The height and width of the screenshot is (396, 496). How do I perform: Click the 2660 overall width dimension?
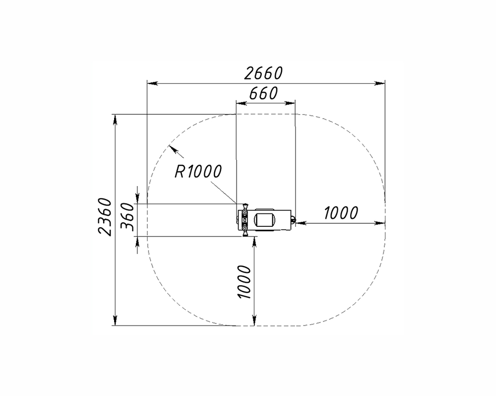coord(263,73)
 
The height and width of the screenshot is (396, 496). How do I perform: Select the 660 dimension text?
coord(263,93)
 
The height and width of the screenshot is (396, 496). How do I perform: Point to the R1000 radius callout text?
coord(198,172)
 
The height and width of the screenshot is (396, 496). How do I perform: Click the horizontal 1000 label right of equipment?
coord(341,213)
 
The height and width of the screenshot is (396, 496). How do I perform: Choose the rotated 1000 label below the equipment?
coord(244,282)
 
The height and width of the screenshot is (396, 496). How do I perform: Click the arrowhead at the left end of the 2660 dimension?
coord(153,83)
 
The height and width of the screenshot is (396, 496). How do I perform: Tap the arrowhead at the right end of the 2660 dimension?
coord(379,83)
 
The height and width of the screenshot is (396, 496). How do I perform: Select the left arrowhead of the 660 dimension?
coord(242,103)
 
